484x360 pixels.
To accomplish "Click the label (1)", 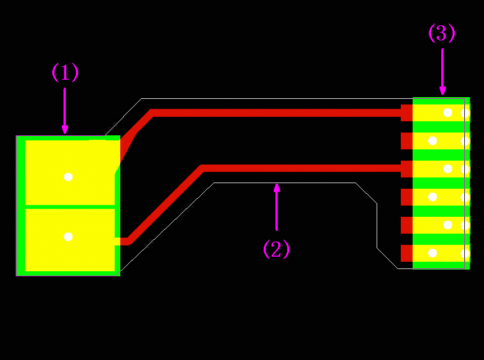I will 65,72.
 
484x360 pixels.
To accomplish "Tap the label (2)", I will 277,249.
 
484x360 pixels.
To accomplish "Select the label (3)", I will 442,34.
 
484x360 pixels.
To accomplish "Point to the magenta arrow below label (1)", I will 65,110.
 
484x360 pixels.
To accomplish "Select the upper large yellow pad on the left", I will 70,172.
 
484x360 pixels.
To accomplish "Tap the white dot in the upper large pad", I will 68,177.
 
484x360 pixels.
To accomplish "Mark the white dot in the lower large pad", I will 68,237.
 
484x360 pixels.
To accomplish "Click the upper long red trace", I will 275,113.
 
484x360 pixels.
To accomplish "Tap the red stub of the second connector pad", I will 406,140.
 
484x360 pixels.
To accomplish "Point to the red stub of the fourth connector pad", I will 406,197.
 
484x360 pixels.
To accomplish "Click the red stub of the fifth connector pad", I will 406,225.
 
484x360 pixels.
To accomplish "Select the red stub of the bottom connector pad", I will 406,253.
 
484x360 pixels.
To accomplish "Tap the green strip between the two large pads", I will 70,207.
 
